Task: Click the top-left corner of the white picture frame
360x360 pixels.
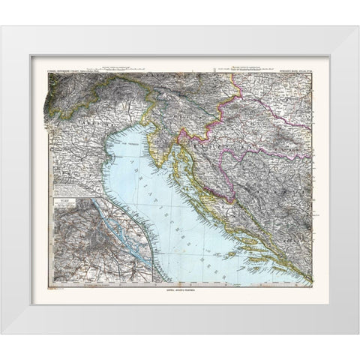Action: pos(1,27)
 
